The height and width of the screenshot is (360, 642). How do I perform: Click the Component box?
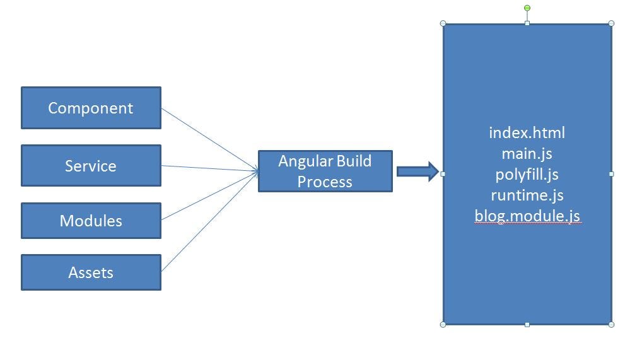click(91, 108)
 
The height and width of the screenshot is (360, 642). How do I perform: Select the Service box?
click(91, 166)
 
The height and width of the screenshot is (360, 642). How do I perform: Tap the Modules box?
click(91, 221)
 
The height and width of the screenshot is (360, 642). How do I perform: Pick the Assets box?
click(91, 272)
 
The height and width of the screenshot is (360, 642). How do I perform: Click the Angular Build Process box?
click(325, 171)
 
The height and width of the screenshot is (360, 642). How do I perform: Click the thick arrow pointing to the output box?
click(417, 171)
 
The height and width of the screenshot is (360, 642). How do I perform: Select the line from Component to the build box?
click(208, 139)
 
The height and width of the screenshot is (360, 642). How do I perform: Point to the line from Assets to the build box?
click(208, 222)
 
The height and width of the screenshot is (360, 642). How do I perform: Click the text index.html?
click(527, 133)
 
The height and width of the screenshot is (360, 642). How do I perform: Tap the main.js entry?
click(527, 153)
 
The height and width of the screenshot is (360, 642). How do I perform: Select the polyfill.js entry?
click(527, 174)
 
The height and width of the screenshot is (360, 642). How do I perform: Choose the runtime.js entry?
click(527, 195)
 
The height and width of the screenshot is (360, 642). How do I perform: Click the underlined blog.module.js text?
click(527, 216)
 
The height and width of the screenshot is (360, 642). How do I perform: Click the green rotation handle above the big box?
click(527, 8)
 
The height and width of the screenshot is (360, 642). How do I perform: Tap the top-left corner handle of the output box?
click(443, 23)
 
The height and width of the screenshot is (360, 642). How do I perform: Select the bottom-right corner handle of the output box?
click(611, 324)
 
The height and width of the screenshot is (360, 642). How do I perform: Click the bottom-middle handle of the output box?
click(527, 324)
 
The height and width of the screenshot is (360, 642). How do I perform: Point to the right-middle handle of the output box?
click(611, 173)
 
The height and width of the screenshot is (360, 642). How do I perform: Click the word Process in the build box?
click(325, 182)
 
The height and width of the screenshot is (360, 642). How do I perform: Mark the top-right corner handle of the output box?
click(611, 23)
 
